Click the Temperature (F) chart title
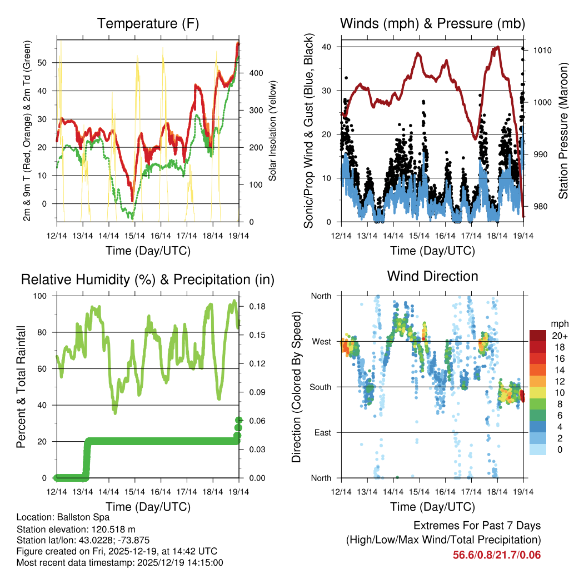tap(148, 23)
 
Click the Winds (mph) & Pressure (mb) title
tap(432, 23)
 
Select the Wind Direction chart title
tap(432, 276)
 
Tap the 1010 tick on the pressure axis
tap(542, 50)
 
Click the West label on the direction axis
tap(321, 341)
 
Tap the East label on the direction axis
tap(322, 432)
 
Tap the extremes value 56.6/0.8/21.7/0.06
tap(497, 555)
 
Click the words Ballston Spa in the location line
tap(85, 517)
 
